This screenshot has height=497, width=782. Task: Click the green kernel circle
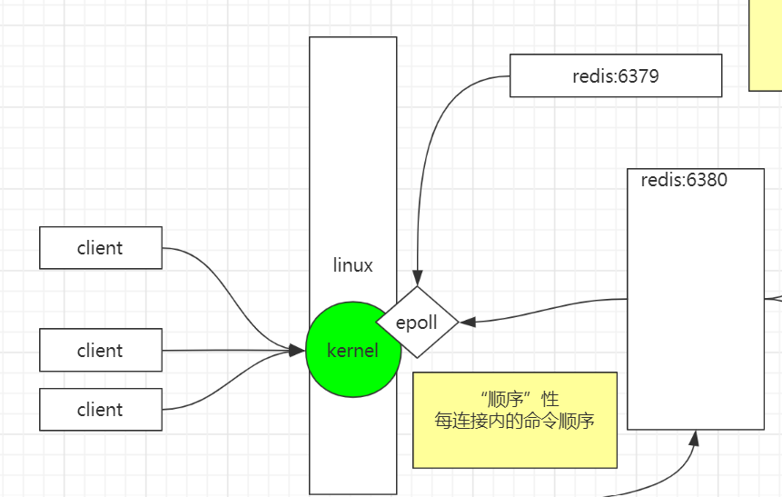click(x=341, y=363)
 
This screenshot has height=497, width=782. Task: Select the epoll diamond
click(x=417, y=322)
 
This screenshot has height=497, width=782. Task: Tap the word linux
click(x=352, y=265)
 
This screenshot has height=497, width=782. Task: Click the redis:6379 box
click(x=615, y=75)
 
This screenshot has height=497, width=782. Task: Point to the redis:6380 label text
click(x=683, y=180)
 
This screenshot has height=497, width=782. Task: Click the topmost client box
click(x=101, y=248)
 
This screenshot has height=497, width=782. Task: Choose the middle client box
click(x=101, y=350)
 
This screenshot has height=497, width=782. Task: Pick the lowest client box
click(x=101, y=410)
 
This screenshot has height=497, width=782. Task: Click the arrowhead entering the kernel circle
click(x=297, y=350)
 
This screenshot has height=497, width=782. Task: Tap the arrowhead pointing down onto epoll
click(x=418, y=279)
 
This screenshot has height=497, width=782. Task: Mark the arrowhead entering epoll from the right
click(x=467, y=322)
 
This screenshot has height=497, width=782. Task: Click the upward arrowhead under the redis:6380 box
click(x=694, y=438)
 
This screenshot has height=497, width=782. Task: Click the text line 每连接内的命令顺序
click(x=514, y=421)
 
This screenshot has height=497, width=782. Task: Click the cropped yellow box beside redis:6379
click(x=766, y=45)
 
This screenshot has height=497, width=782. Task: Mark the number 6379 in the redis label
click(x=638, y=76)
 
